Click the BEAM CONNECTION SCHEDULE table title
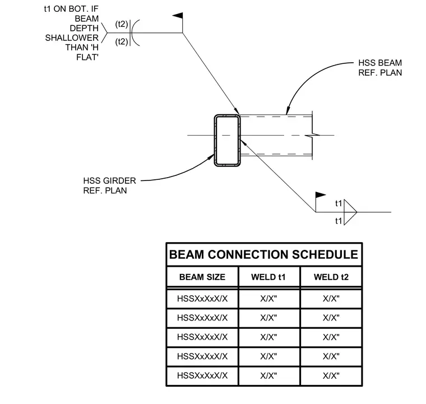263,255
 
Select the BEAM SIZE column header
202,277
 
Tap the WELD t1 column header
268,277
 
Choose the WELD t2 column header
331,277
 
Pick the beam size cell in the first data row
202,299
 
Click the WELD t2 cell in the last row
331,376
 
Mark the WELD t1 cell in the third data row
268,337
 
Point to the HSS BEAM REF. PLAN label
380,68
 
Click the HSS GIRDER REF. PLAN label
109,185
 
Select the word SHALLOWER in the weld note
72,38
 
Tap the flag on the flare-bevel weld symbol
178,16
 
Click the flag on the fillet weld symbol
321,195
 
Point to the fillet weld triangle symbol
350,212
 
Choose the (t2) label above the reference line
122,24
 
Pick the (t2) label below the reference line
122,41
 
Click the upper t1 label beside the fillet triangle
339,203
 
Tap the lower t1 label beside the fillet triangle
339,221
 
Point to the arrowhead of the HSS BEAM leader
288,111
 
